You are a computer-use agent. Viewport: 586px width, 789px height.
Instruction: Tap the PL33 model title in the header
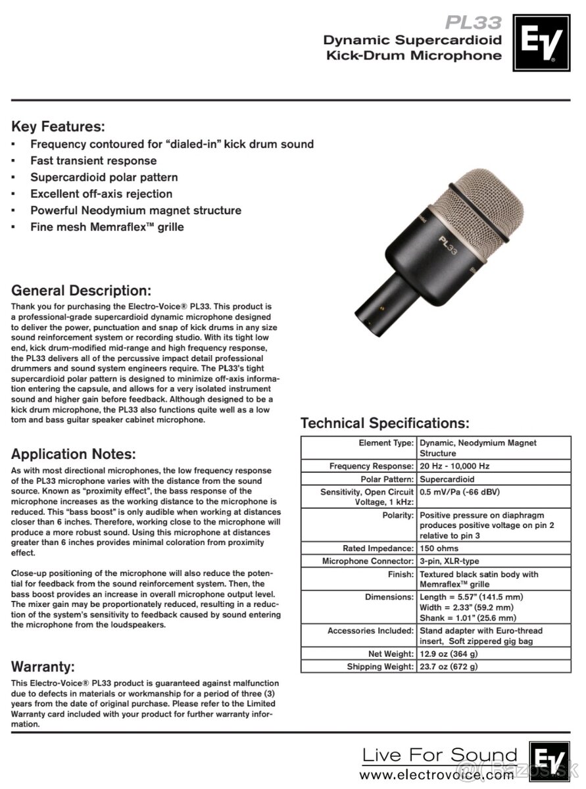(473, 23)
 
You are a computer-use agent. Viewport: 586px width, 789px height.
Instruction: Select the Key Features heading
(59, 126)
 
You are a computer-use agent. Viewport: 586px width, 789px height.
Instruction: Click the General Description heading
(82, 290)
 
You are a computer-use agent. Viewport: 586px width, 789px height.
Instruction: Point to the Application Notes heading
(74, 454)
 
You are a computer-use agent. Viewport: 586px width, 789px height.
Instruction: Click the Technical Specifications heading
(385, 423)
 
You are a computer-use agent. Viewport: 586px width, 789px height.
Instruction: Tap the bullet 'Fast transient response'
(93, 160)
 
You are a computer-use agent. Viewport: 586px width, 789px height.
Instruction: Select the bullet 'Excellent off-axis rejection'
(101, 194)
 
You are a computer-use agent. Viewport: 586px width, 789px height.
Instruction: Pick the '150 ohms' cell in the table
(439, 548)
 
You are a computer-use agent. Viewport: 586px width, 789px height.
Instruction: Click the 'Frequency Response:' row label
(372, 466)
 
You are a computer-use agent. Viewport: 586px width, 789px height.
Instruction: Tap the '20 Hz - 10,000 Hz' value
(454, 466)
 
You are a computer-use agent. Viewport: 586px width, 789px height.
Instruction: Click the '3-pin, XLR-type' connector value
(449, 562)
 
